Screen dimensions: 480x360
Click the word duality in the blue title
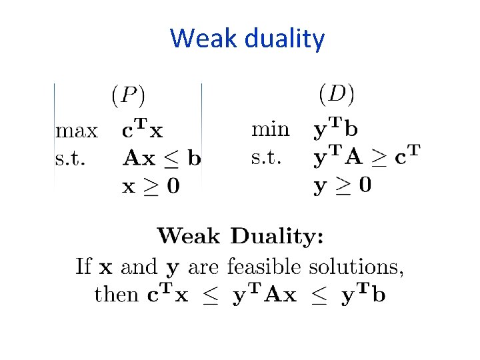tap(285, 39)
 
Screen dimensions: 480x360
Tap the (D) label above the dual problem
tap(337, 93)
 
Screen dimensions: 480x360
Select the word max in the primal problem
tap(76, 131)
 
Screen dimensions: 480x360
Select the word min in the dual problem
tap(270, 129)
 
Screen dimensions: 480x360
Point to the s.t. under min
tap(266, 157)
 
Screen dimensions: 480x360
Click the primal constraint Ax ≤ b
tap(162, 159)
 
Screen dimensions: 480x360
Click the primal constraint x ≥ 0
tap(151, 186)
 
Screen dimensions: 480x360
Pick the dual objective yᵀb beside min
tap(335, 128)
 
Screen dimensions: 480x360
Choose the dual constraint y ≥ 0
tap(343, 185)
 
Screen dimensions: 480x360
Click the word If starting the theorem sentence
tap(83, 267)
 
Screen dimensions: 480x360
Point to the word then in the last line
tap(117, 295)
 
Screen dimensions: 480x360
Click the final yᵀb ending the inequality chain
tap(363, 295)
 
